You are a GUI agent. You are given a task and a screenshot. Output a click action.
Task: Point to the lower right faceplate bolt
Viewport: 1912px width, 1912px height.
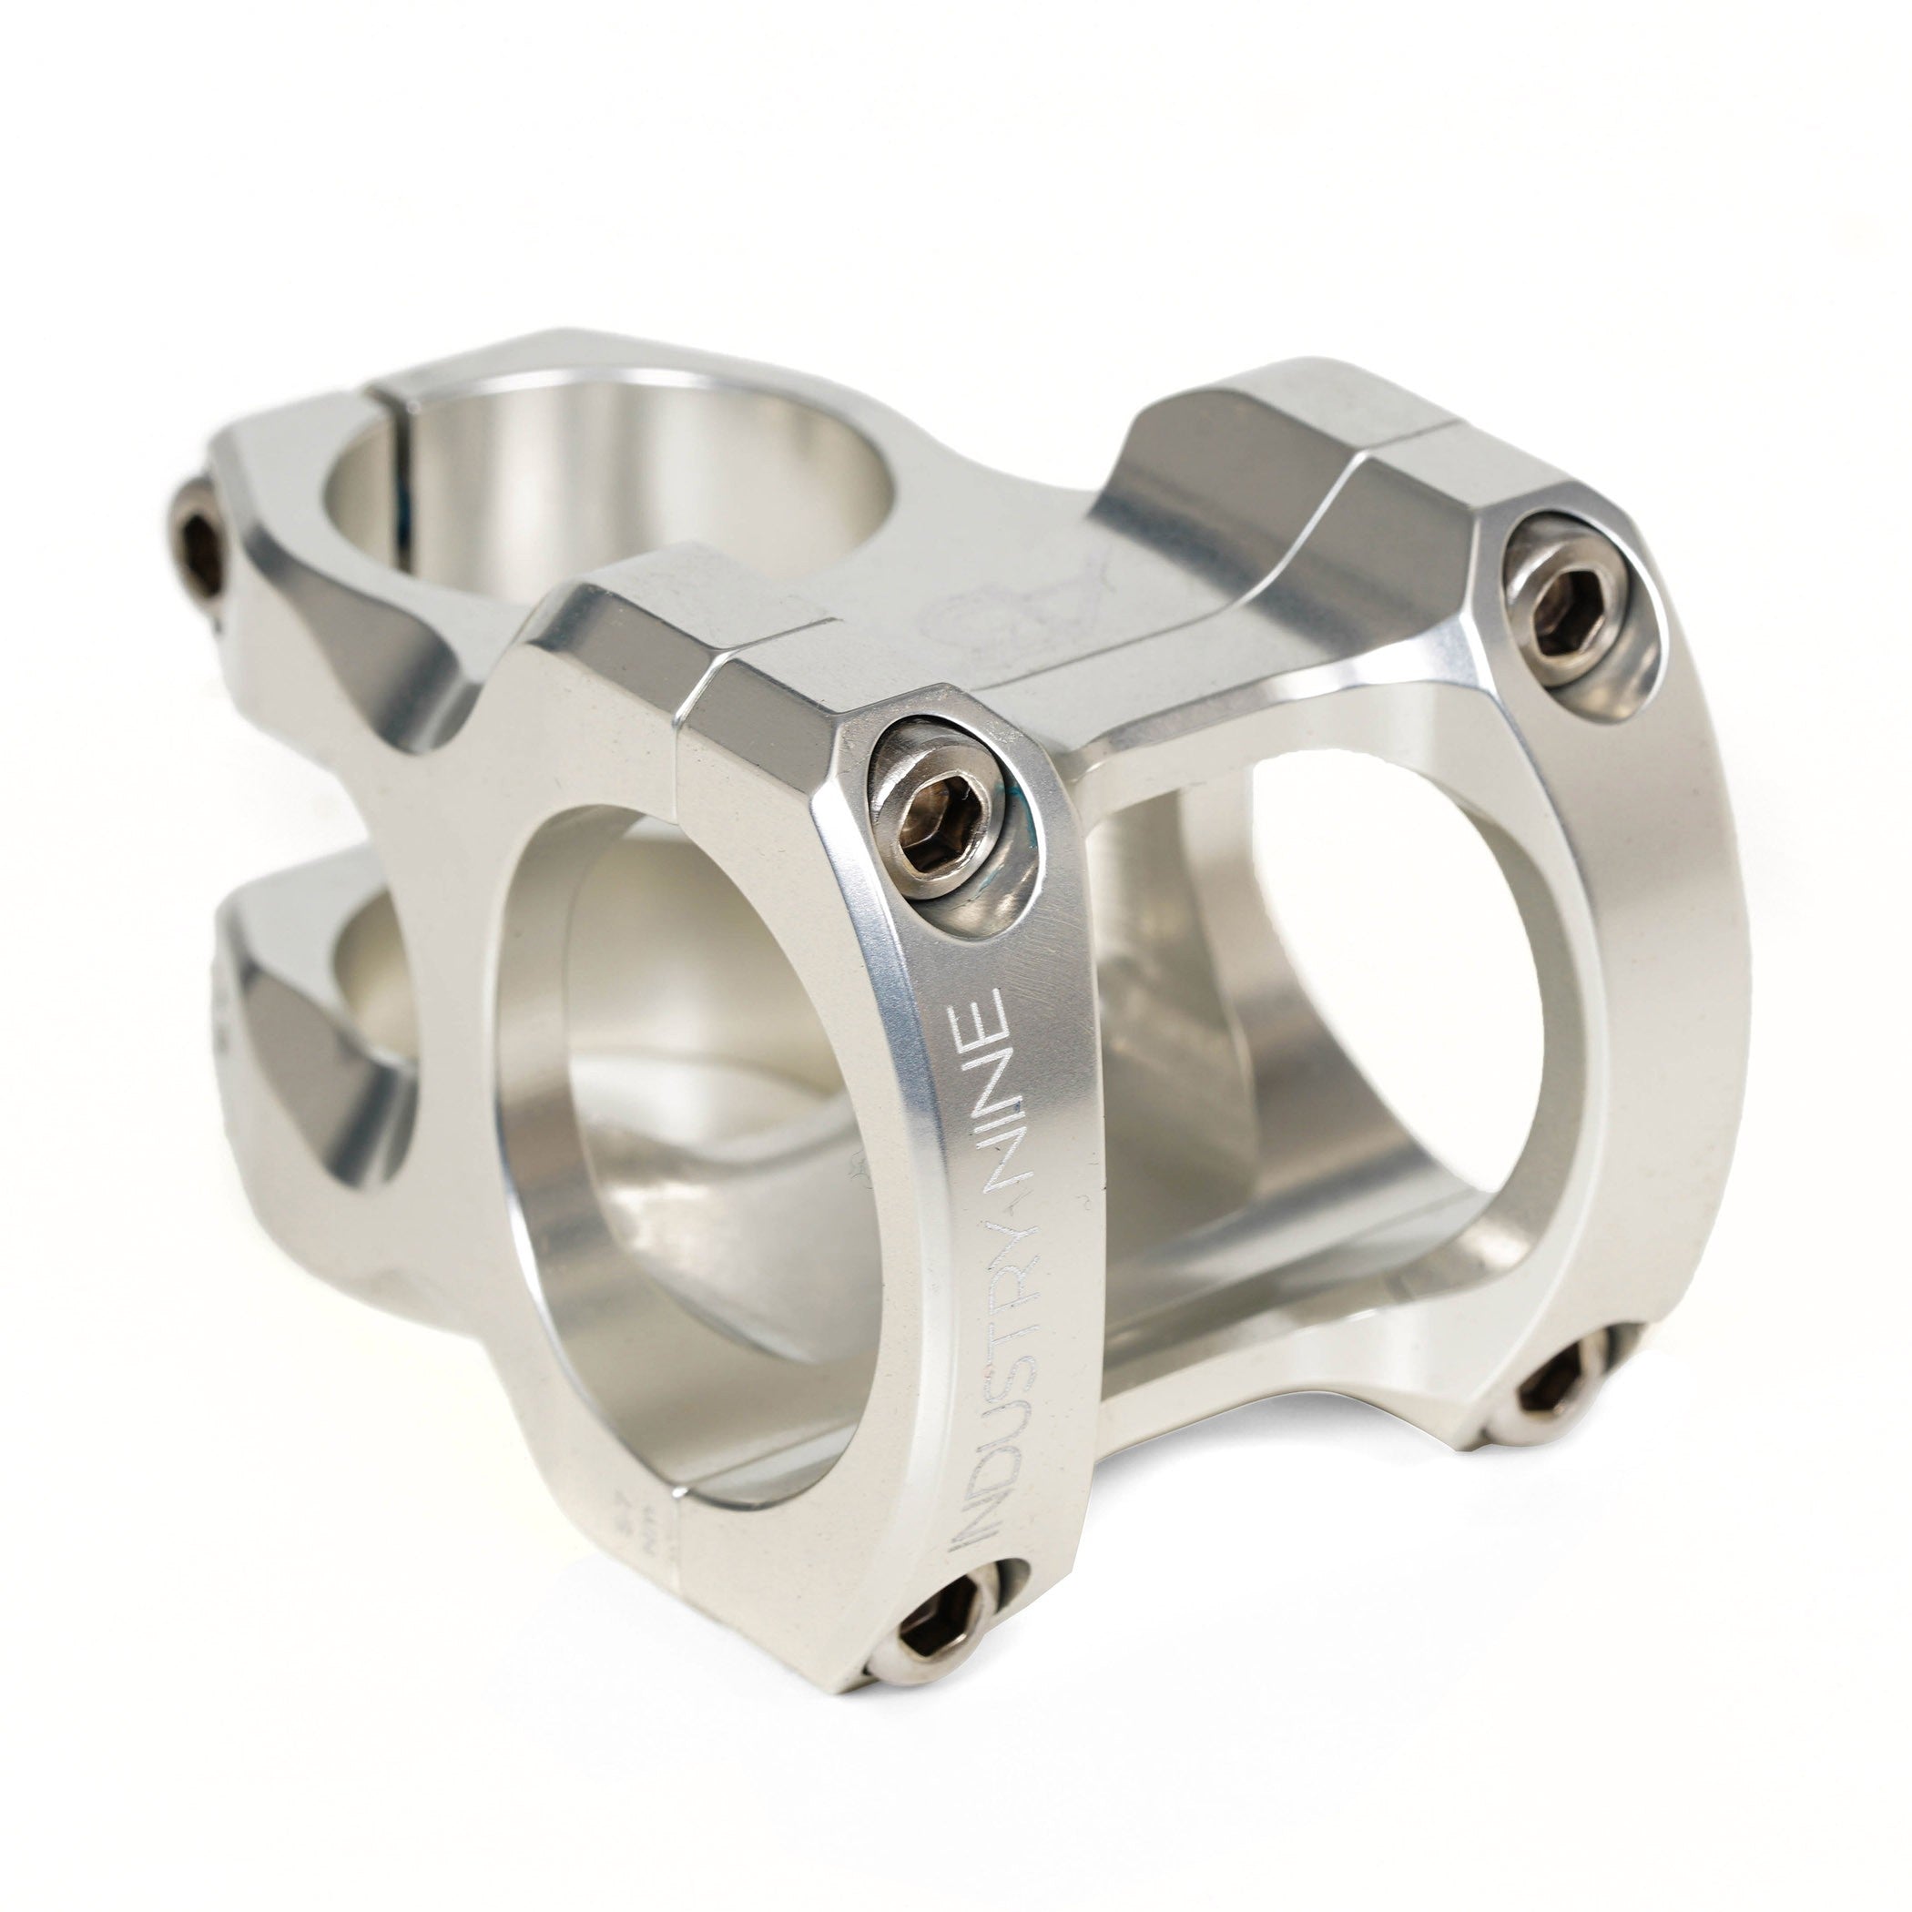(x=1559, y=1390)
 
